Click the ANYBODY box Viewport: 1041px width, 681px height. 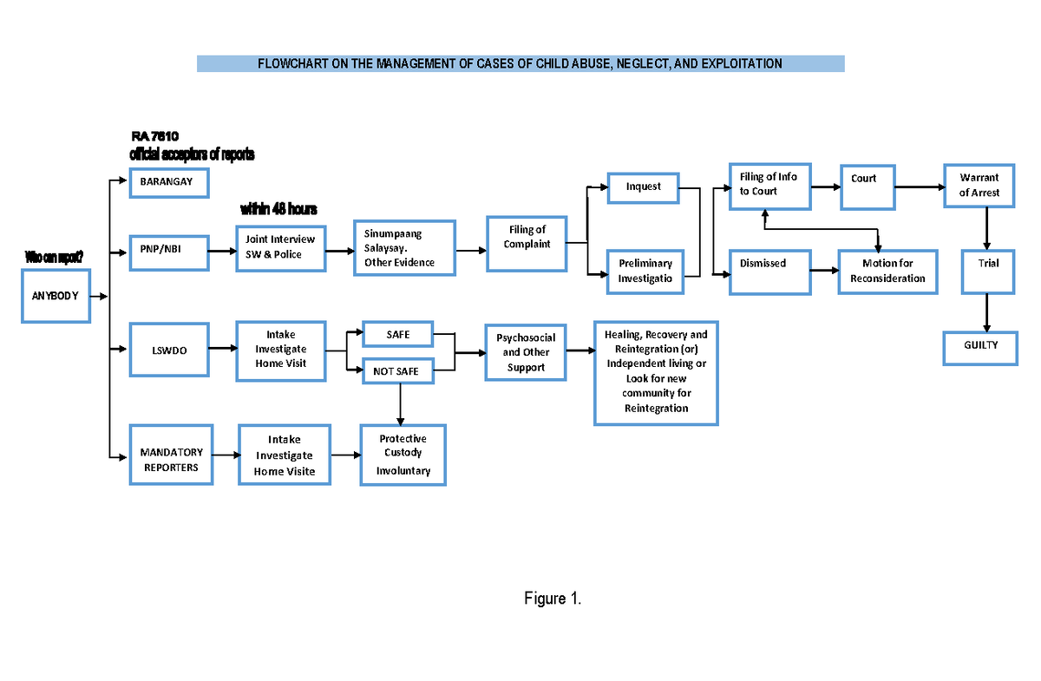coord(56,296)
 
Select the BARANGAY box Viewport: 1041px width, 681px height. coord(168,183)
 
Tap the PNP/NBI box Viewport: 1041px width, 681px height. coord(169,252)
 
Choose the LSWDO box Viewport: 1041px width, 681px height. coord(169,350)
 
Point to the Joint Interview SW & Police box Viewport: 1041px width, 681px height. coord(280,247)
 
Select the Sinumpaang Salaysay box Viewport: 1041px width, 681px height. coord(404,248)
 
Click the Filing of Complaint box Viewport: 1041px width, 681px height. coord(527,238)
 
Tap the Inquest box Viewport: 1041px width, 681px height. coord(643,187)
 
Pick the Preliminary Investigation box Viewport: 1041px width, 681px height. coord(645,271)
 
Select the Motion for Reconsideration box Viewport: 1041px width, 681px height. coord(887,272)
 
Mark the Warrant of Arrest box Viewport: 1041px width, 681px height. coord(979,186)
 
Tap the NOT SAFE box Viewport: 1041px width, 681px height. coord(396,371)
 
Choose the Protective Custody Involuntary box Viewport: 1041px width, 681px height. coord(403,455)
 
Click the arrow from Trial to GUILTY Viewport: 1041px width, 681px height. coord(986,311)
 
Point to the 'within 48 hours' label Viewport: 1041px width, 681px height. coord(278,210)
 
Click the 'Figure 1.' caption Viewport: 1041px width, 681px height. coord(552,599)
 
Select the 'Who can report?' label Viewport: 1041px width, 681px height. coord(54,257)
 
